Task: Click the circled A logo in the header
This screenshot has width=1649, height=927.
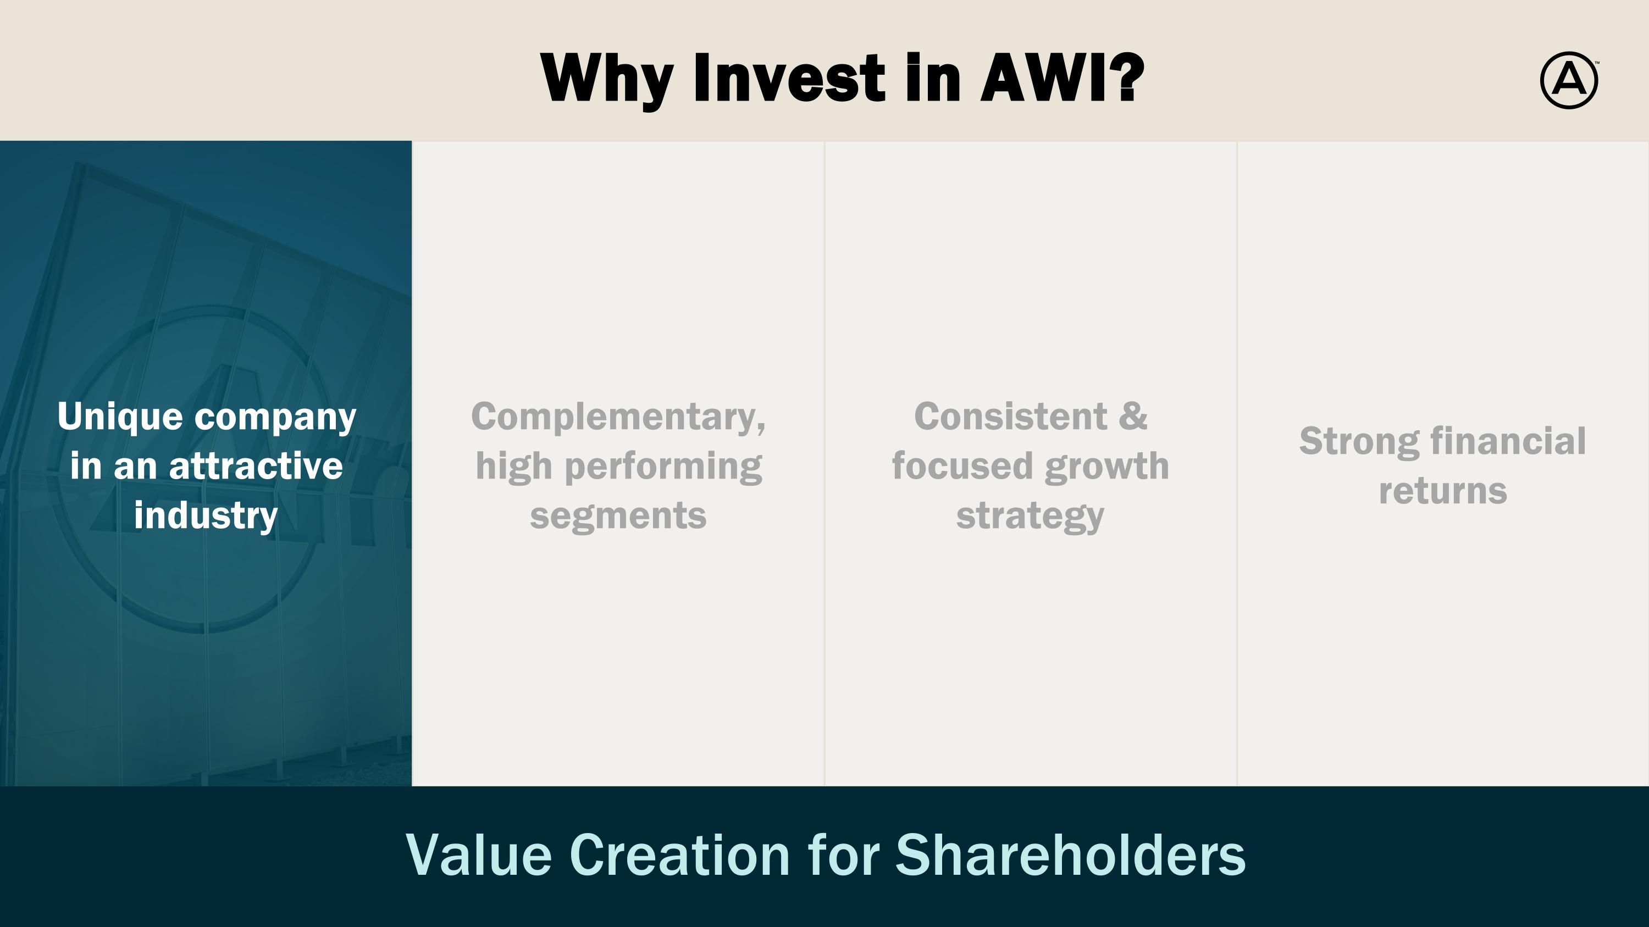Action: [1568, 80]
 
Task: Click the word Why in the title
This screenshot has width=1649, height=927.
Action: [606, 79]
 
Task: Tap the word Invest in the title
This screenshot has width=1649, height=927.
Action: [790, 79]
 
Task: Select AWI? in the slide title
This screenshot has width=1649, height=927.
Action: [1062, 77]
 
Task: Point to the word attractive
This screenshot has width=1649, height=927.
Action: [256, 466]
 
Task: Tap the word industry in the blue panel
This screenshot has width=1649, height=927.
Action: [206, 515]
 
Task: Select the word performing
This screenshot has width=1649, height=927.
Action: [663, 467]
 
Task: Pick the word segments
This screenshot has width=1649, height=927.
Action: [618, 515]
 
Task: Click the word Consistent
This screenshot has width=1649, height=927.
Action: [1010, 417]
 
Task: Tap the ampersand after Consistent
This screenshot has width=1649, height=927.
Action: [1133, 417]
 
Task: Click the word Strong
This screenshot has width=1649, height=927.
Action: [1358, 441]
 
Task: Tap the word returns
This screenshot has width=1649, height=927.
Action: [1443, 491]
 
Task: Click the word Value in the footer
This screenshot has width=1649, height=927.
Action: [478, 856]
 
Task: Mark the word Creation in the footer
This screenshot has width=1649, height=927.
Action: [679, 856]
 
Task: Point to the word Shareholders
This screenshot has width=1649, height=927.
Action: [1070, 856]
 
